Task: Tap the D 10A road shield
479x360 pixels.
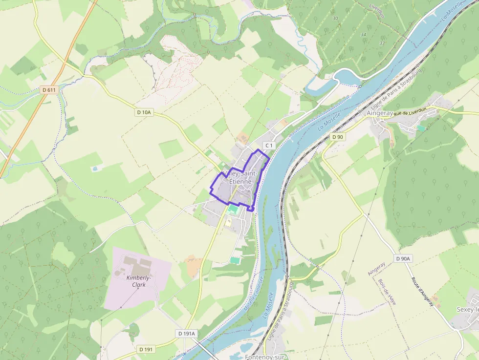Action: (144, 112)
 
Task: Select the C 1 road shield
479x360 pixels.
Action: (269, 146)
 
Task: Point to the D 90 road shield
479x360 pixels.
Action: (338, 137)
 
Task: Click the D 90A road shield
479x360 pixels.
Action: (404, 258)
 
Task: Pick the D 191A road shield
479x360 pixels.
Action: (186, 334)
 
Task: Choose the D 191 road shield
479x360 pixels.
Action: (146, 349)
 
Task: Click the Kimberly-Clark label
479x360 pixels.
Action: (139, 281)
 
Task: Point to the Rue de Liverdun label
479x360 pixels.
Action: (410, 111)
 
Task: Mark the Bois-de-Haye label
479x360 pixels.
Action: (387, 292)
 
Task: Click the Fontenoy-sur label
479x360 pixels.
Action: (264, 357)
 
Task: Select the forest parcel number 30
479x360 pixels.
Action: (335, 18)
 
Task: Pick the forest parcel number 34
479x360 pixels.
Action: (363, 35)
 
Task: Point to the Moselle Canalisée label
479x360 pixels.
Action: (254, 294)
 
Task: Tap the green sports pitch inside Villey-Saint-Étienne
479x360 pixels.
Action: (233, 209)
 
